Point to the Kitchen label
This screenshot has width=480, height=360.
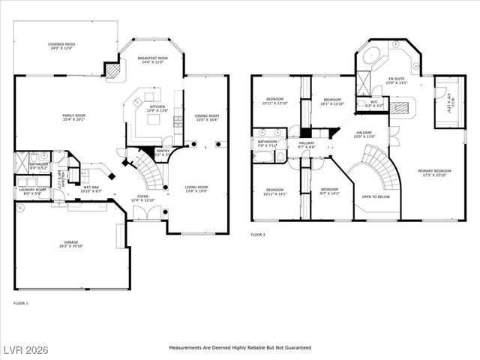[157, 108]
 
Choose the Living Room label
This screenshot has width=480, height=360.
[196, 189]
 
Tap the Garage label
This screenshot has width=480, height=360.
[73, 244]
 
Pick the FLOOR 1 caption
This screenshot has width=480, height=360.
[20, 303]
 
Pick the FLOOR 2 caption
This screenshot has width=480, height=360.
[258, 235]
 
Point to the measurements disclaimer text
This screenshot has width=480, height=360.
[240, 348]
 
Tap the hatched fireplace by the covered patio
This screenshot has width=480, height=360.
[113, 70]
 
